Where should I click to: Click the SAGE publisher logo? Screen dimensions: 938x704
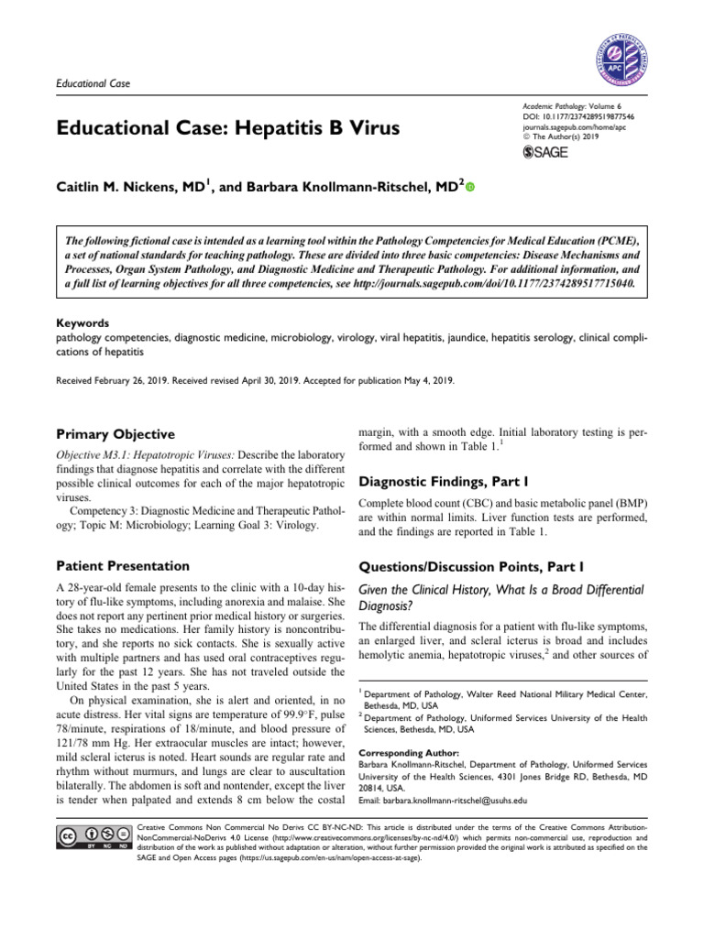click(544, 151)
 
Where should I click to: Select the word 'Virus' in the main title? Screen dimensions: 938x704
click(369, 126)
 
